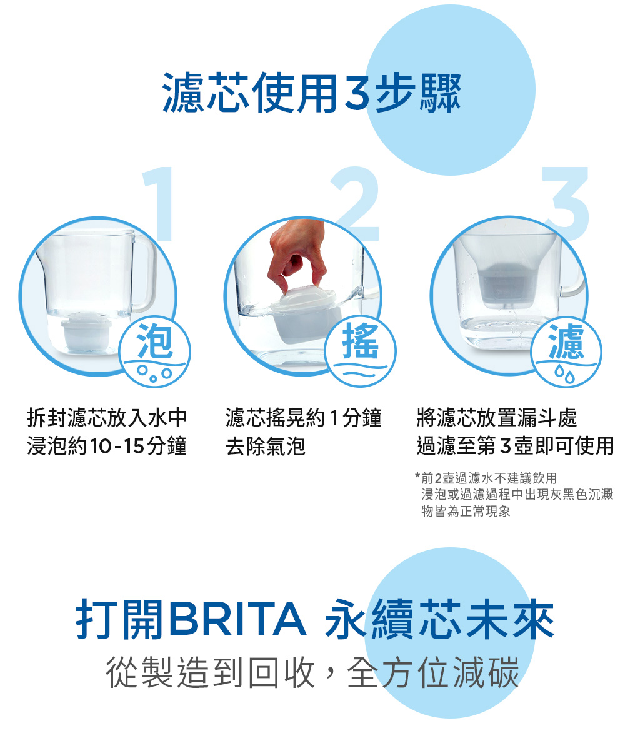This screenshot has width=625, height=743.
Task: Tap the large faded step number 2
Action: pyautogui.click(x=356, y=204)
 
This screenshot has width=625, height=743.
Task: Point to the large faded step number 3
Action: pyautogui.click(x=566, y=204)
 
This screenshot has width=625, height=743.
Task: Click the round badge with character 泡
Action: pyautogui.click(x=155, y=352)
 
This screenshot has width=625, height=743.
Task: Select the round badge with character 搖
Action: pyautogui.click(x=361, y=352)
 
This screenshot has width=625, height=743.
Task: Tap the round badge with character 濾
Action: pyautogui.click(x=566, y=352)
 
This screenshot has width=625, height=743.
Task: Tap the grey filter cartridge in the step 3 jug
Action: pyautogui.click(x=505, y=285)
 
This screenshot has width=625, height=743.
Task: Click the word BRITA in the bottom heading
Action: pyautogui.click(x=237, y=619)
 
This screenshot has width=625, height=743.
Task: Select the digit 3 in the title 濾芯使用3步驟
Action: pyautogui.click(x=356, y=93)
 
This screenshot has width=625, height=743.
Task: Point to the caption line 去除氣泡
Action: pyautogui.click(x=266, y=447)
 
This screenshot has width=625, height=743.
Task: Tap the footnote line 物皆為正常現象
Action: pyautogui.click(x=466, y=511)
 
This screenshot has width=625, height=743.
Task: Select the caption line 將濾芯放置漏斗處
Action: pyautogui.click(x=497, y=418)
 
